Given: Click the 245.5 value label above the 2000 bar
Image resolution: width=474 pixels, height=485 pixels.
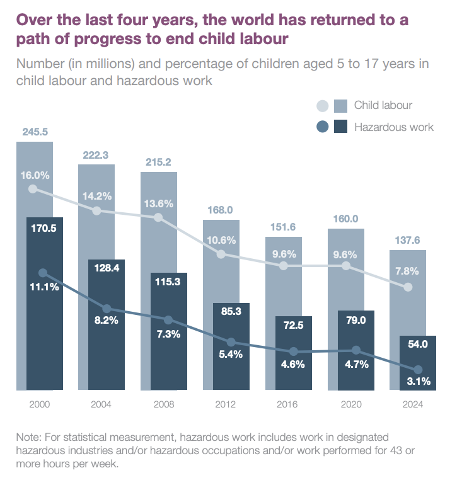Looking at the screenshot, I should (35, 132).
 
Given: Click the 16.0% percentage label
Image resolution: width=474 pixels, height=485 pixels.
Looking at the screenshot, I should (35, 174).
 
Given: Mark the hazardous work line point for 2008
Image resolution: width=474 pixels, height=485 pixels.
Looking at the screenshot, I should (168, 320).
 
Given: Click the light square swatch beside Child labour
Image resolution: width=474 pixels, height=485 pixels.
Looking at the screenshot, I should (341, 105).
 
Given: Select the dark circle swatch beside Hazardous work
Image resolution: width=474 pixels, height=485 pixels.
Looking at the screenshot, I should (323, 127).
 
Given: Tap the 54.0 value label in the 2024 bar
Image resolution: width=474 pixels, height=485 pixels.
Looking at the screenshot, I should (419, 344).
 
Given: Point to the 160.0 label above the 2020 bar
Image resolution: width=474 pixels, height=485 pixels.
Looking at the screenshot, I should (345, 219).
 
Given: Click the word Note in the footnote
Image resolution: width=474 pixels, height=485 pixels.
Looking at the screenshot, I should (30, 437).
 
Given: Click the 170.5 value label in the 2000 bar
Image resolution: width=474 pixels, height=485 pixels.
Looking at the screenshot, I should (43, 228).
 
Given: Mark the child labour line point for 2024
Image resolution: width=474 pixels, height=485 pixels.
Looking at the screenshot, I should (407, 287).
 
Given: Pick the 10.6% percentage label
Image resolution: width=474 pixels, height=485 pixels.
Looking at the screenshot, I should (221, 240).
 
